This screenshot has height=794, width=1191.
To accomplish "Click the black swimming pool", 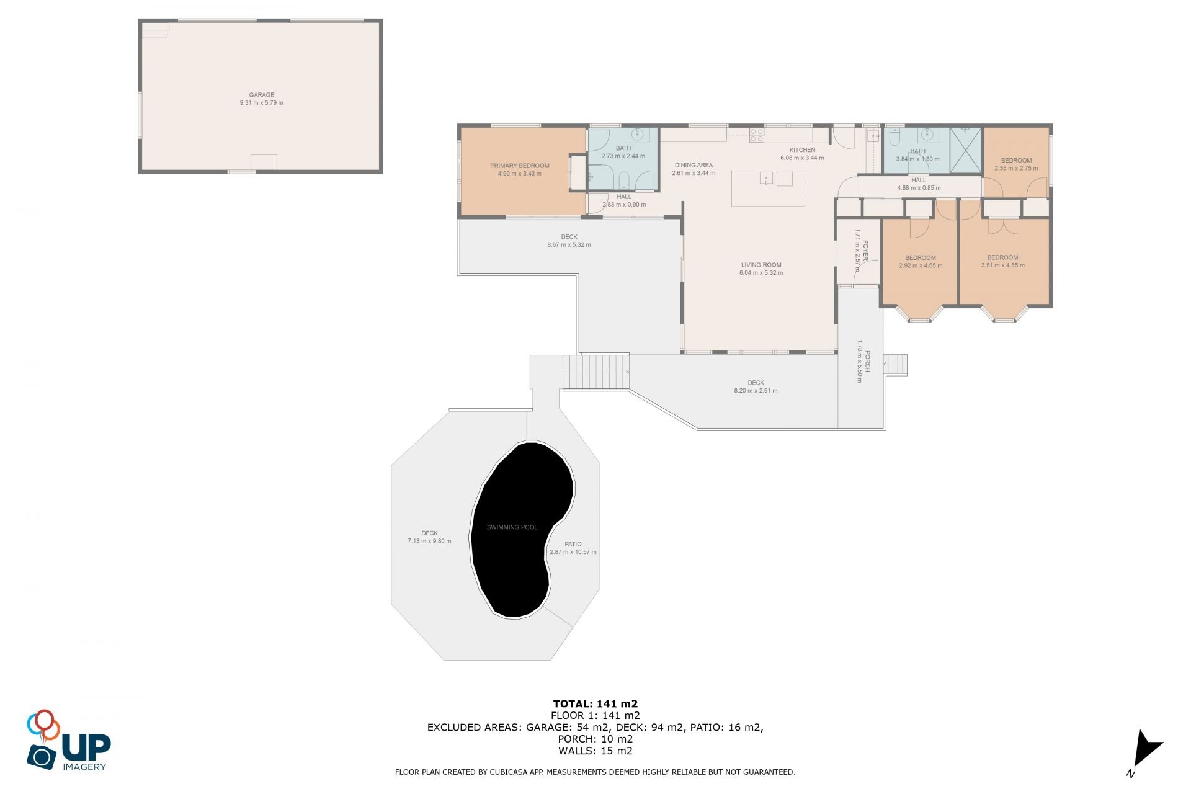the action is [518, 530].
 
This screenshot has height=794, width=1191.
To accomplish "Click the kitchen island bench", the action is [768, 188].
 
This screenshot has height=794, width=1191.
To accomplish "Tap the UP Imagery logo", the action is [69, 740].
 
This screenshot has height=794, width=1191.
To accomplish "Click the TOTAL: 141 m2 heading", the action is [595, 703].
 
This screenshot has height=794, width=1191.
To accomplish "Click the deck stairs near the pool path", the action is [595, 372].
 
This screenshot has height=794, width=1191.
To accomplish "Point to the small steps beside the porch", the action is [895, 365].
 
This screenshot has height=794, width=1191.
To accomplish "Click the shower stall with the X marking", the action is [966, 150].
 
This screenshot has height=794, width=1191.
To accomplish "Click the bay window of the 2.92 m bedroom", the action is [920, 313].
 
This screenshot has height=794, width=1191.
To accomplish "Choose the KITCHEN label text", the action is [802, 149].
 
